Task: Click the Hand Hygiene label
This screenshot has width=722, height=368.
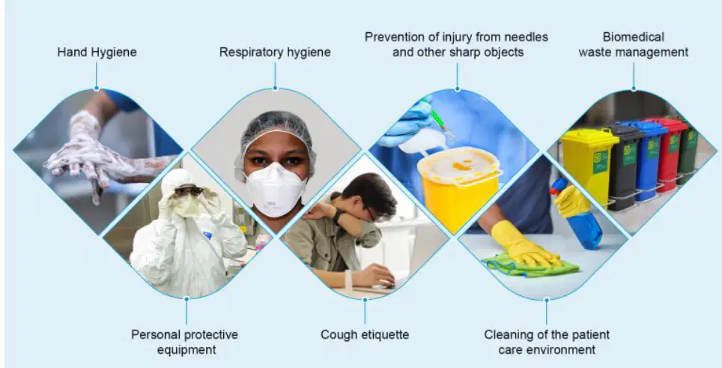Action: coord(97,52)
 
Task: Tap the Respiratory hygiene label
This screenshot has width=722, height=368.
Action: coord(275,52)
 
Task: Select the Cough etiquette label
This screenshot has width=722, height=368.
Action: coord(365,334)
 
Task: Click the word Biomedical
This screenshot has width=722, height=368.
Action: coord(633,37)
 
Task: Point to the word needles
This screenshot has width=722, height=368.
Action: coord(519,37)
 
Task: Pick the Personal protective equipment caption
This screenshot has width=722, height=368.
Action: coord(185,342)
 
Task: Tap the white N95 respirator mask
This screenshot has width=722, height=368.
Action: coord(276,190)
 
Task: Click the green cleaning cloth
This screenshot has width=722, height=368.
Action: coord(530,266)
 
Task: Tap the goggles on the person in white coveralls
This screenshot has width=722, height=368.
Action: coord(188,190)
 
